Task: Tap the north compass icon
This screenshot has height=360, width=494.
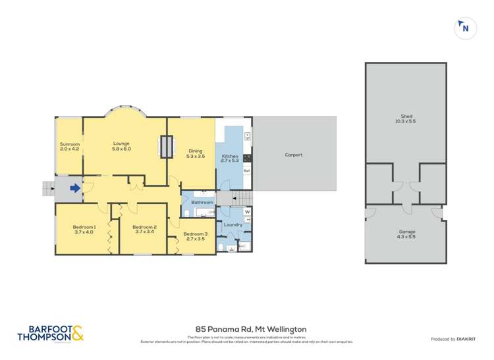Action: click(465, 28)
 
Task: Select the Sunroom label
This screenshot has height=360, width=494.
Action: click(69, 144)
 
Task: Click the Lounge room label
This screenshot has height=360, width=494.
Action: click(121, 143)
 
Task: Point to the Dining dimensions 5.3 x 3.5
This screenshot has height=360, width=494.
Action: click(196, 156)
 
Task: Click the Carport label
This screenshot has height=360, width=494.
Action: click(293, 155)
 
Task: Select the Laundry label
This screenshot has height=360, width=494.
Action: click(233, 225)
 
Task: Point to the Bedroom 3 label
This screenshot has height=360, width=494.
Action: click(196, 234)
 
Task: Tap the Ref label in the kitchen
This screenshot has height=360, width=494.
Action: click(247, 171)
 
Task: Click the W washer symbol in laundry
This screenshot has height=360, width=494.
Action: click(247, 212)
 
